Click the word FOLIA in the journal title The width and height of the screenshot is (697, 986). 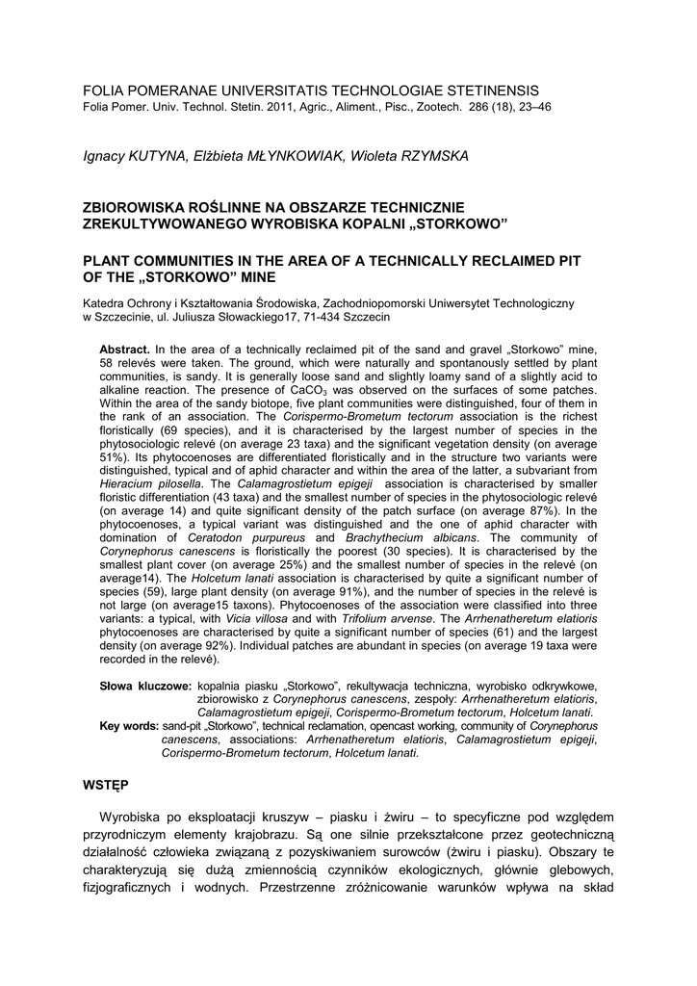point(105,90)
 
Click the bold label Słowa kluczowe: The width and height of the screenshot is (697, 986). point(145,686)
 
